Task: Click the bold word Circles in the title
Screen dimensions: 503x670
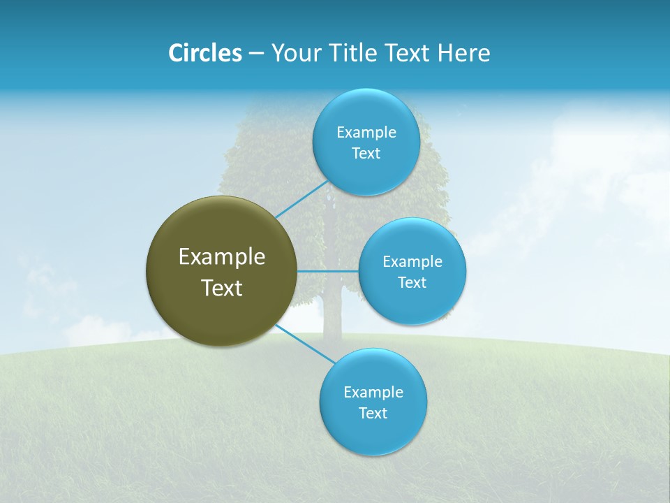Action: pos(205,53)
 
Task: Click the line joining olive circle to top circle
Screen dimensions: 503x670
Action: pos(301,199)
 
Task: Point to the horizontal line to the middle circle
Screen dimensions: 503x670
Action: pos(328,271)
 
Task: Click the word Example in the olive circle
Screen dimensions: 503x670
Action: pos(222,257)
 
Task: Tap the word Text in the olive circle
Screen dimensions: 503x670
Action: pos(222,288)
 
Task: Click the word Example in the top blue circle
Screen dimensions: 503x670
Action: pos(366,132)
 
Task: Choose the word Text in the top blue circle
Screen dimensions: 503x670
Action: pos(366,154)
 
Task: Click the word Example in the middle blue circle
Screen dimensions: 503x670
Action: pos(412,261)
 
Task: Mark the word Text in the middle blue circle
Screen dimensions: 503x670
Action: pos(412,283)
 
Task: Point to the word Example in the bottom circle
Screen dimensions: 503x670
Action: pos(373,392)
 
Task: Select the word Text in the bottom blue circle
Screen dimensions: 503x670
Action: pos(373,414)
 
